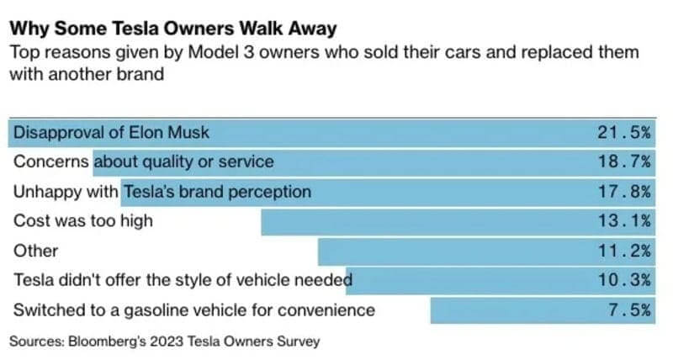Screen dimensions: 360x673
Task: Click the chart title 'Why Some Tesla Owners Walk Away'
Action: pos(172,29)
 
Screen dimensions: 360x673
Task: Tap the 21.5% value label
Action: pos(624,132)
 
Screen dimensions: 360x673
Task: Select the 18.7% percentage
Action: pos(624,161)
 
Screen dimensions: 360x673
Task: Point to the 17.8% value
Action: pos(624,192)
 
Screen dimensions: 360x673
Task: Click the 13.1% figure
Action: pos(624,221)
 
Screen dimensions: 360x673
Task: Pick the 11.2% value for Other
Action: pos(624,251)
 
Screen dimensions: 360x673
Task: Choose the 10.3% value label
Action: pos(624,280)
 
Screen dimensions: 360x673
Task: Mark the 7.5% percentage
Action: pos(628,310)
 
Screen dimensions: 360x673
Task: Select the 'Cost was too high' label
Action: pos(83,221)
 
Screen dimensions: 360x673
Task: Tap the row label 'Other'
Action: pos(36,251)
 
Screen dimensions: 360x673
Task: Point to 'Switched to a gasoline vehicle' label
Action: pos(193,310)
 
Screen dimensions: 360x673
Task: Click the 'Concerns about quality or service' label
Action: pos(143,161)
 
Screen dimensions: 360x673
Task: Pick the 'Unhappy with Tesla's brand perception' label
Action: pos(162,192)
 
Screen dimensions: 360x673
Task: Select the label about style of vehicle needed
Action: pos(183,280)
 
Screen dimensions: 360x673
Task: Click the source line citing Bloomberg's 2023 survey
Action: pos(165,341)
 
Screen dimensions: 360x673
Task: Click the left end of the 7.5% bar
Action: pos(432,310)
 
